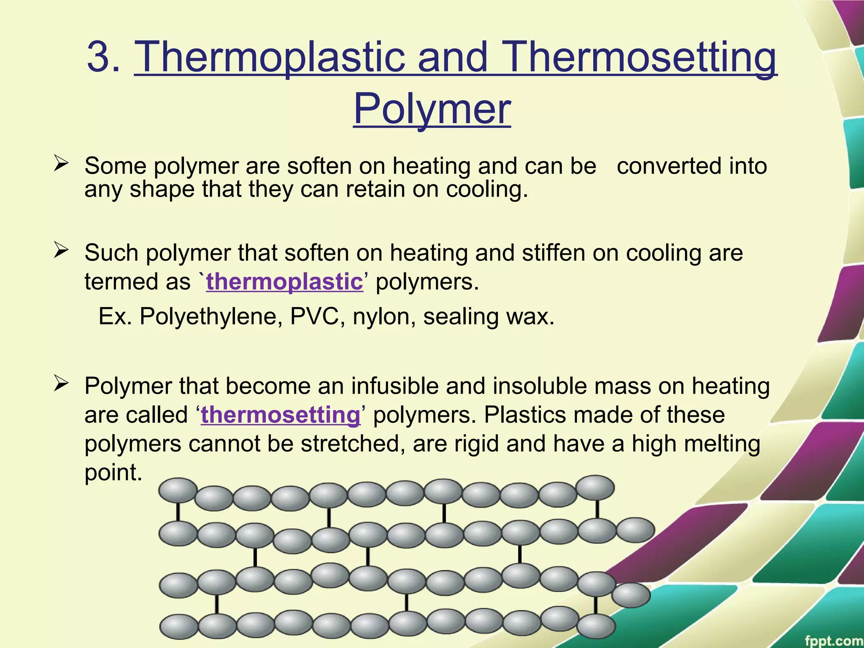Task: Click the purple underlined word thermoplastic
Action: [284, 281]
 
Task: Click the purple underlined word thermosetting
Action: [281, 415]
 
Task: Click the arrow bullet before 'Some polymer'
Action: [61, 164]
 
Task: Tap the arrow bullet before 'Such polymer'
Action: [61, 251]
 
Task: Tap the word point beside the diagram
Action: [113, 472]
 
